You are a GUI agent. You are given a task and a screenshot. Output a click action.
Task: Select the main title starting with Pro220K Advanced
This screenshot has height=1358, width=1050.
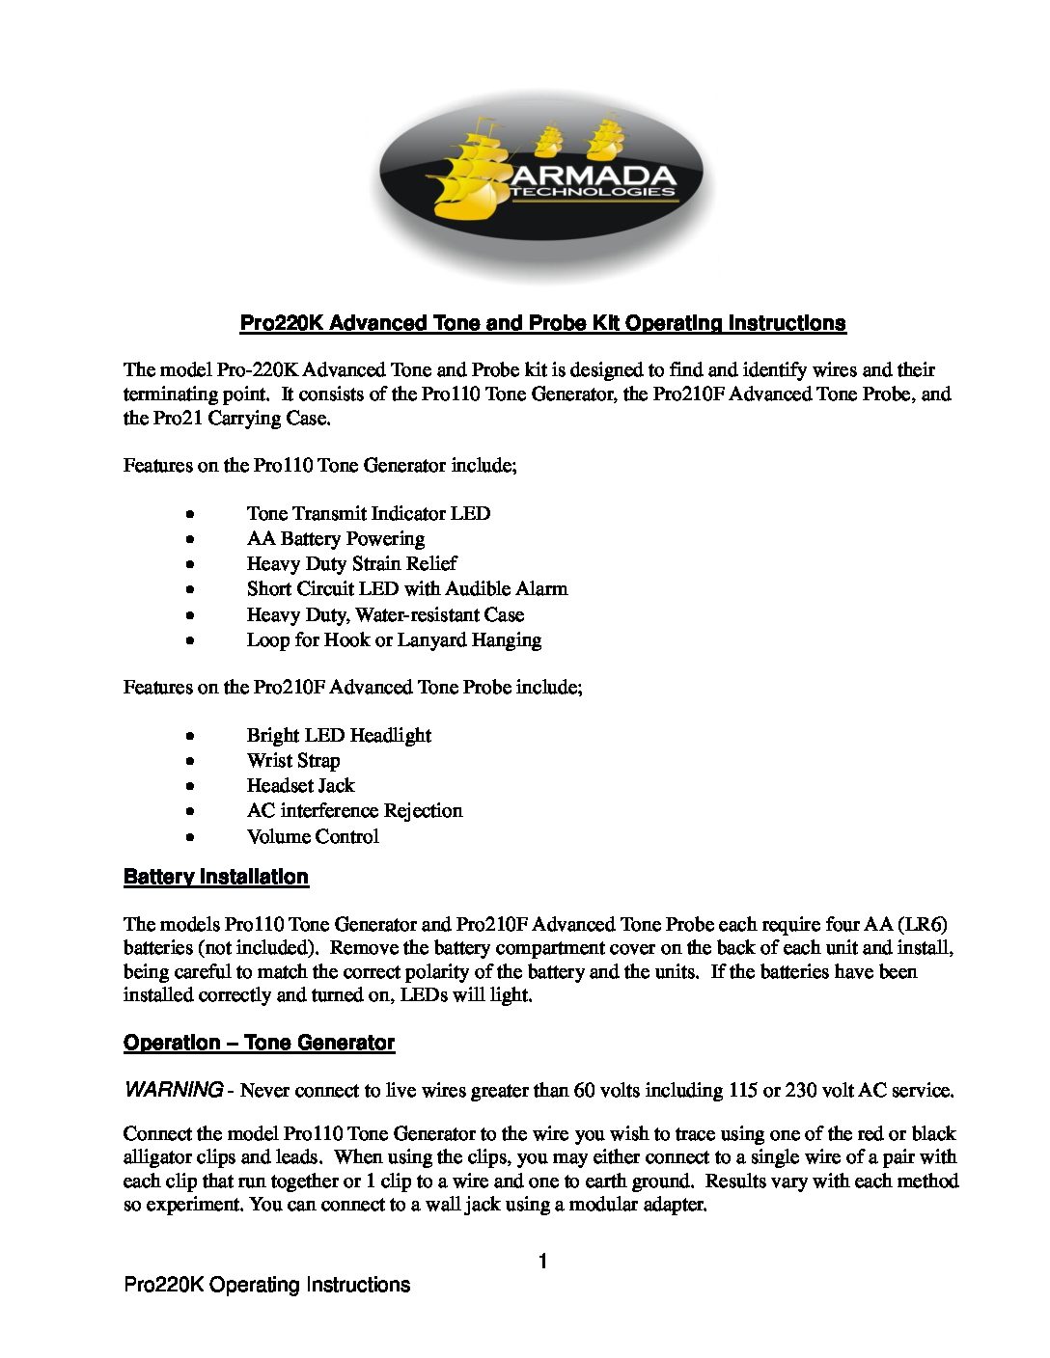pyautogui.click(x=542, y=323)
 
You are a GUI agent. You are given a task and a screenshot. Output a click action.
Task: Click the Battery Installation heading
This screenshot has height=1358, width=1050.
pyautogui.click(x=216, y=877)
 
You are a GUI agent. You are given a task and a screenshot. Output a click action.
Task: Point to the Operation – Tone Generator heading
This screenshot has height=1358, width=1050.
pyautogui.click(x=259, y=1043)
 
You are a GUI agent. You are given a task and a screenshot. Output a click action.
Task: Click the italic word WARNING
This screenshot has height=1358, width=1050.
pyautogui.click(x=174, y=1090)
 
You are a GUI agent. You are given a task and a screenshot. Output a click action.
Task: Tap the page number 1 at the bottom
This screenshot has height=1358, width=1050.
pyautogui.click(x=543, y=1262)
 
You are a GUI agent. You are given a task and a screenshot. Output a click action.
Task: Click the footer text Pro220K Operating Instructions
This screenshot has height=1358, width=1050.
pyautogui.click(x=267, y=1285)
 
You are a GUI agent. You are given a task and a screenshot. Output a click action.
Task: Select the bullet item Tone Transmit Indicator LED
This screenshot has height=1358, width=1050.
pyautogui.click(x=368, y=513)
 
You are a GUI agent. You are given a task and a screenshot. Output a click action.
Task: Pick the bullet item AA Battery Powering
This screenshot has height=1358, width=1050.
pyautogui.click(x=335, y=538)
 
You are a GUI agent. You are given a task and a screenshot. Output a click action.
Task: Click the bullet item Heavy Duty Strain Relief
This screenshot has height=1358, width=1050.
pyautogui.click(x=351, y=563)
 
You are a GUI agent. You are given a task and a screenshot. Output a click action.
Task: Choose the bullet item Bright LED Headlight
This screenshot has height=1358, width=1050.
pyautogui.click(x=339, y=735)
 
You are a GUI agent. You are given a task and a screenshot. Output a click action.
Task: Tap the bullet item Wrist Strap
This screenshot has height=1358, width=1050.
pyautogui.click(x=293, y=760)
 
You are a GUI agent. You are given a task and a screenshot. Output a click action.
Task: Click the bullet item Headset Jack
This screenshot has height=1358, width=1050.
pyautogui.click(x=300, y=785)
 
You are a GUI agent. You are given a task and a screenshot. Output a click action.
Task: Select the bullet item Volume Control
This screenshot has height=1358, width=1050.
pyautogui.click(x=313, y=836)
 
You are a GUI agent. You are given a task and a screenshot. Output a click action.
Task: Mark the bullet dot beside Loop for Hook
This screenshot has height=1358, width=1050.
pyautogui.click(x=193, y=639)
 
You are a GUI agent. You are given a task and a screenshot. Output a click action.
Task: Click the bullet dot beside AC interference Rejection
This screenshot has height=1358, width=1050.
pyautogui.click(x=193, y=811)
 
